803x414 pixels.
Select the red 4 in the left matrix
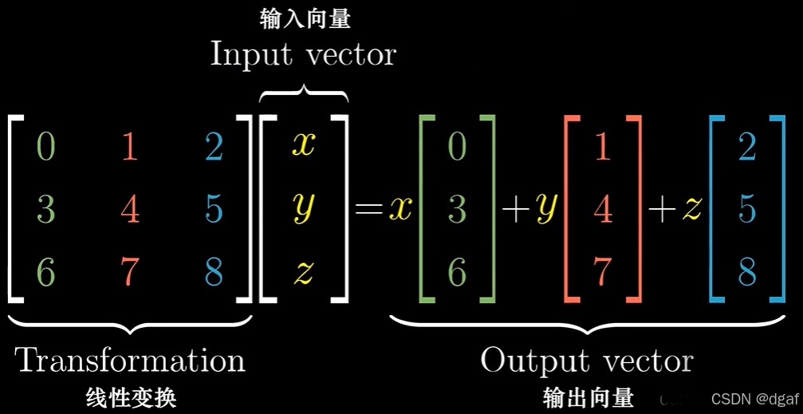click(x=129, y=209)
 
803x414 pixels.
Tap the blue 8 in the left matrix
click(x=213, y=272)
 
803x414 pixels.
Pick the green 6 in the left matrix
click(x=46, y=272)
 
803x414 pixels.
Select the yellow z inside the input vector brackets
click(x=304, y=273)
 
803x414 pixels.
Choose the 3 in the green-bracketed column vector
click(x=457, y=209)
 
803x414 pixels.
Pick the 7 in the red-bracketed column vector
click(x=602, y=272)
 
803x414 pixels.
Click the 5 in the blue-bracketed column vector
click(x=747, y=209)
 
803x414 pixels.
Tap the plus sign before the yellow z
click(x=663, y=209)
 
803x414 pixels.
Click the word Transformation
click(x=130, y=361)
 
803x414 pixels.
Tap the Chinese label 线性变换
click(x=130, y=396)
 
